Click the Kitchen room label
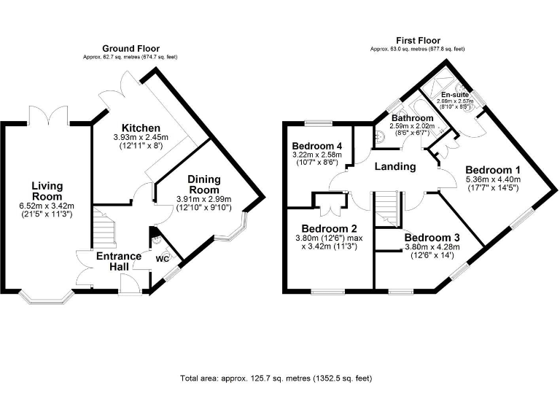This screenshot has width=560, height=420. tap(141, 128)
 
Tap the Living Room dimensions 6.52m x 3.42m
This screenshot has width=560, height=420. tap(47, 206)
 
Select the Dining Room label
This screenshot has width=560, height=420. tap(204, 184)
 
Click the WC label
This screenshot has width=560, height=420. tap(162, 259)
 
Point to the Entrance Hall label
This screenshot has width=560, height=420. tap(119, 261)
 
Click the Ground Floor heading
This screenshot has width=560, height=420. tap(131, 49)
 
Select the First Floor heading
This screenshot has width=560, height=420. tap(418, 40)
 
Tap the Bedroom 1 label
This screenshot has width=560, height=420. tap(493, 170)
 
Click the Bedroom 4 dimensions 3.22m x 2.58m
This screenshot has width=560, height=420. tap(316, 155)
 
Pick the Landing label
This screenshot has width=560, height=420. tap(395, 166)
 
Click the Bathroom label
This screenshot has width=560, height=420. tap(413, 118)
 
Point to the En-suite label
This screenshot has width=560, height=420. tap(455, 95)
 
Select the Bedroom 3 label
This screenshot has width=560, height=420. tap(432, 238)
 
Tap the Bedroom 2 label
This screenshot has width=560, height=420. tap(330, 228)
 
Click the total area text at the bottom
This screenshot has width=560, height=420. tap(276, 378)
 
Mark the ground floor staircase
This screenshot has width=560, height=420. tap(104, 228)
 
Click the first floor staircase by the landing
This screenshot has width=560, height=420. tap(386, 209)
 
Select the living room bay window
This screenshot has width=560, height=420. tap(47, 297)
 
